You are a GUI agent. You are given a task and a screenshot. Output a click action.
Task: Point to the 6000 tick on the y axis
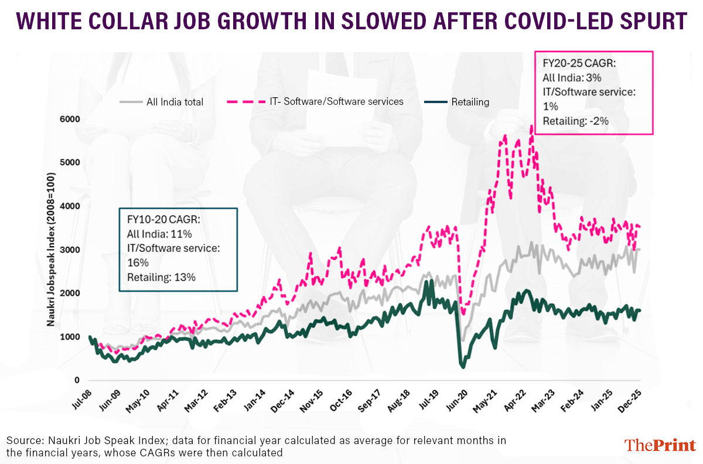(x=69, y=119)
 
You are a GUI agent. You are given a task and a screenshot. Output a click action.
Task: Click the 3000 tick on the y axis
(x=69, y=250)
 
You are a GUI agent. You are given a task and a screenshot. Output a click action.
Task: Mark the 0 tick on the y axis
(x=77, y=380)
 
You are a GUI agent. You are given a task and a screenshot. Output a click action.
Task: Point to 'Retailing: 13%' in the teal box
(x=161, y=277)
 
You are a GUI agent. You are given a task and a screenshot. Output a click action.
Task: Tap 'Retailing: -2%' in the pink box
(x=576, y=121)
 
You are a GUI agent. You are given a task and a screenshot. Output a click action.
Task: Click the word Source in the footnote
(x=23, y=440)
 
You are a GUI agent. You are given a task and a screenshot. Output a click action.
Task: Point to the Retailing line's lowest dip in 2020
(x=463, y=367)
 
